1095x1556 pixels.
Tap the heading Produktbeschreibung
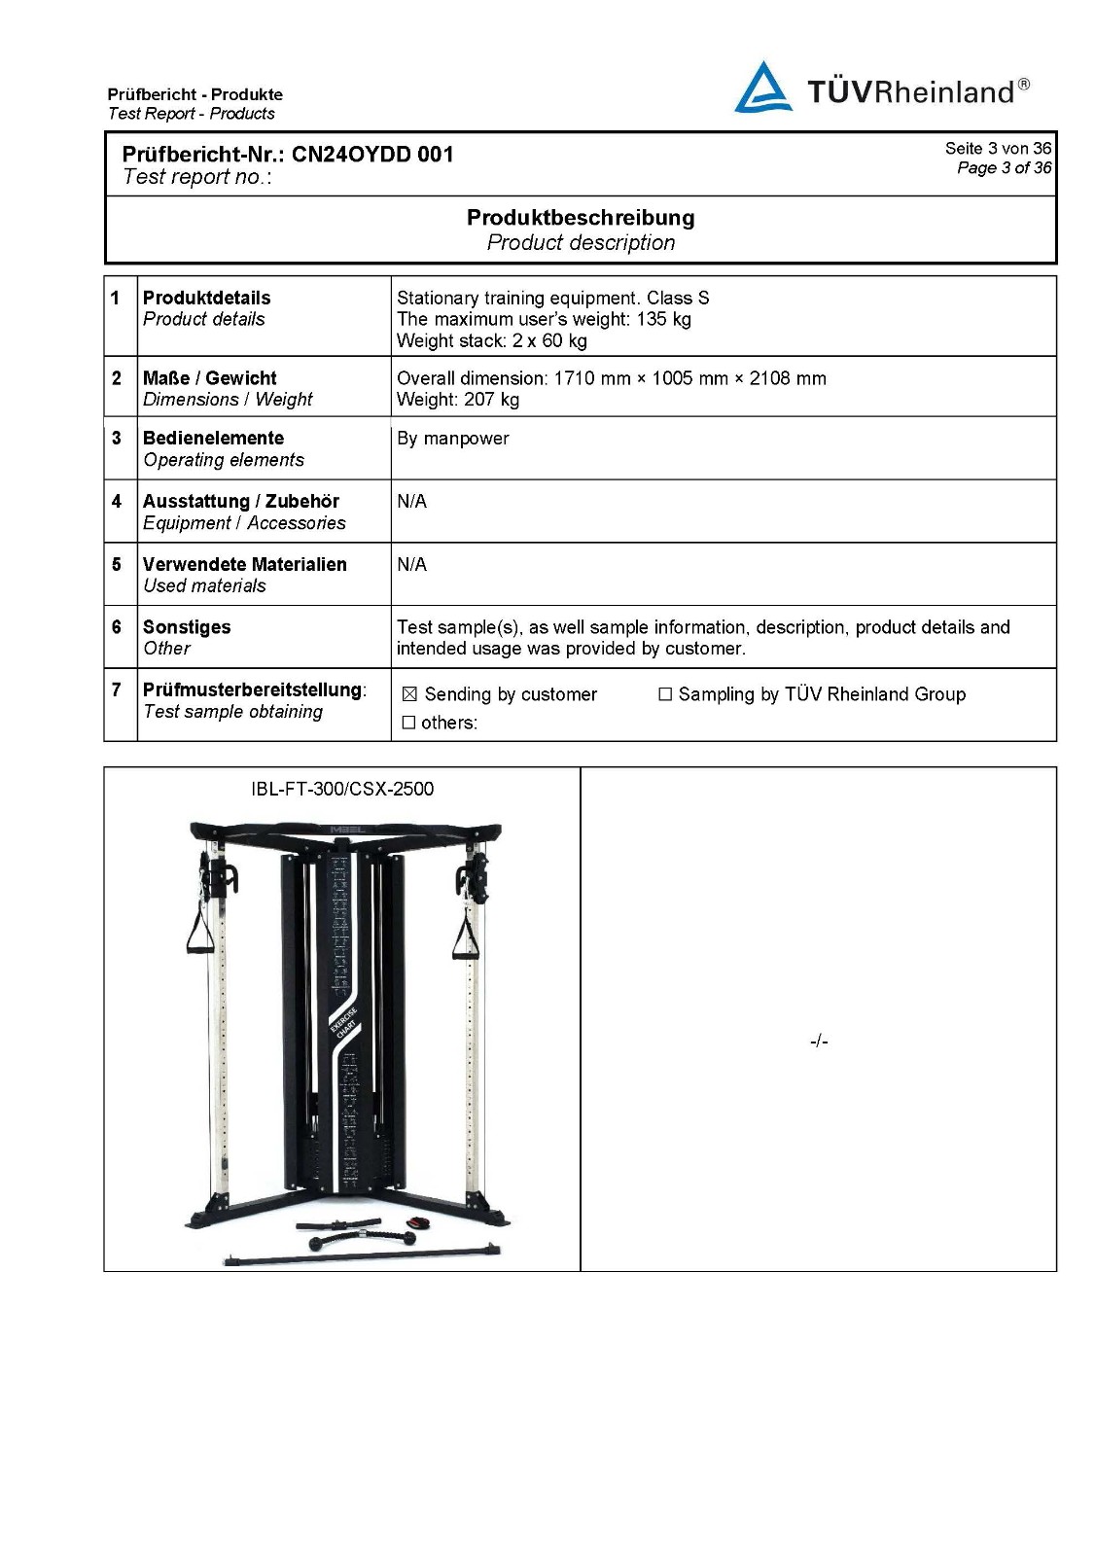coord(581,218)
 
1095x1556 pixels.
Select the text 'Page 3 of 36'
coord(1004,168)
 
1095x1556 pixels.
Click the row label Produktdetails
coord(206,298)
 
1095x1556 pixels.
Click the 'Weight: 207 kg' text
coord(458,400)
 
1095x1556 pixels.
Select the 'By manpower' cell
coord(452,439)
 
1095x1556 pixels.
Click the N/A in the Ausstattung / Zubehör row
coord(411,502)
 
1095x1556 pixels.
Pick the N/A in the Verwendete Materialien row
coord(411,565)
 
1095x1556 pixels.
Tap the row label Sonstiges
coord(187,627)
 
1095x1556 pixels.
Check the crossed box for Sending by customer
coord(409,694)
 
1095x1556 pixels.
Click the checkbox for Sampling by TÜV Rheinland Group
coord(665,694)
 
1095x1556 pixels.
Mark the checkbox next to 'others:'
coord(409,723)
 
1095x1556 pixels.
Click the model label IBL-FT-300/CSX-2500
coord(342,789)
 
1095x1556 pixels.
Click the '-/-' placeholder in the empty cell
coord(819,1042)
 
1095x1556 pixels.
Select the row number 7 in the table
coord(117,690)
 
